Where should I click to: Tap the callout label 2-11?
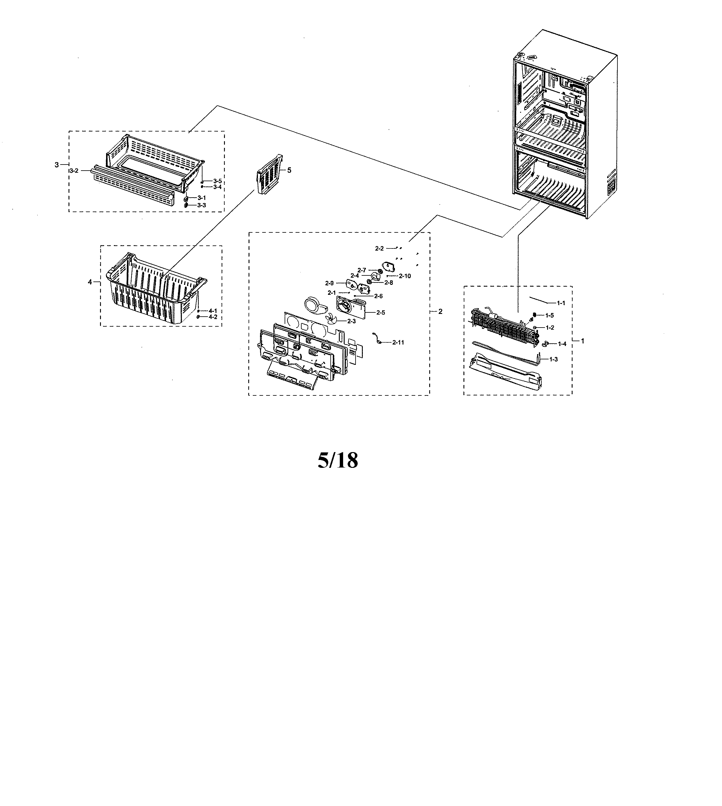click(x=398, y=342)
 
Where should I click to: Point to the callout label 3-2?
click(x=74, y=171)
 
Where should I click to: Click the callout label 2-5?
click(x=380, y=313)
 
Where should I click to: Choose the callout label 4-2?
click(x=213, y=317)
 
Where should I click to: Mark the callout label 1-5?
click(x=550, y=315)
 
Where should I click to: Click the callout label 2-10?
click(x=405, y=276)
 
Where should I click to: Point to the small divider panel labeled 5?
click(x=270, y=175)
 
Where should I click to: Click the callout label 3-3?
click(x=202, y=205)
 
